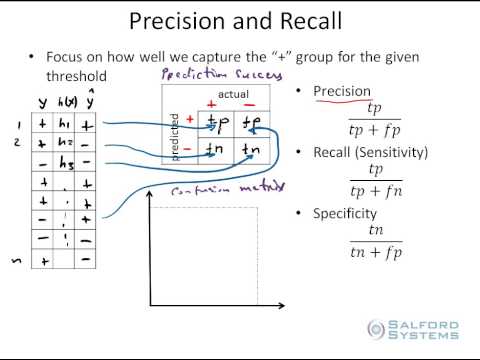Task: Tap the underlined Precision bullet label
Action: point(342,91)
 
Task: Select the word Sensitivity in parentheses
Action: point(392,152)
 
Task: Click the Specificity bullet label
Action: point(345,213)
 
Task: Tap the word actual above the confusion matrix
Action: point(232,94)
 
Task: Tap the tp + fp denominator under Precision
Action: point(375,128)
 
